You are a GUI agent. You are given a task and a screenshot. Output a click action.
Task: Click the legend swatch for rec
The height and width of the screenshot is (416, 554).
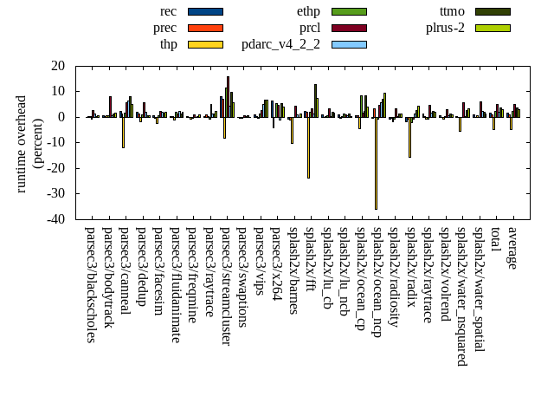coord(205,11)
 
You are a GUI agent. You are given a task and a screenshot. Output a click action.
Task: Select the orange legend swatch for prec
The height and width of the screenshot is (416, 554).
coord(205,28)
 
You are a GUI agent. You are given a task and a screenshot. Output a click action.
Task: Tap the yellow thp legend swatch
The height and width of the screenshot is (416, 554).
coord(205,44)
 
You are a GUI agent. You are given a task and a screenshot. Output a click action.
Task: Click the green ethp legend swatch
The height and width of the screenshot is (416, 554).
coord(349,11)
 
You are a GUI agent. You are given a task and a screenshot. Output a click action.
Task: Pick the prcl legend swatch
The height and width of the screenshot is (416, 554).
coord(349,28)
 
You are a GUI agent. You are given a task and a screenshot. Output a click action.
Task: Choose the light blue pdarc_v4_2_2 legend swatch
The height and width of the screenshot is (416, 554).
coord(349,44)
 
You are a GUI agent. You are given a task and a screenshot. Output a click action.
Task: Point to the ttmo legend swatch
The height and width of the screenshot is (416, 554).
coord(492,11)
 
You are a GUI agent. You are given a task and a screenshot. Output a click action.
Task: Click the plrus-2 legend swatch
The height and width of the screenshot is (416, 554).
coord(492,28)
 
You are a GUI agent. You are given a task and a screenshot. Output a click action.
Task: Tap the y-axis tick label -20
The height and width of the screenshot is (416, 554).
coord(57,169)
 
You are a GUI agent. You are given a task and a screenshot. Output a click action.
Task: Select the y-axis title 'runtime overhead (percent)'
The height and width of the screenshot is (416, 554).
coord(29,143)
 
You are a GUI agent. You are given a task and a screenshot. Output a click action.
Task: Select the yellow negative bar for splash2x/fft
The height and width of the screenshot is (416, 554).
coord(308,147)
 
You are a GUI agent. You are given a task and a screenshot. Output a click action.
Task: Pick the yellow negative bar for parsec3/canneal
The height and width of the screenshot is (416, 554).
coord(123,133)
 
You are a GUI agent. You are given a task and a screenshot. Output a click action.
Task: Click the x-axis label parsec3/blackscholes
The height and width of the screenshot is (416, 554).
coord(91,285)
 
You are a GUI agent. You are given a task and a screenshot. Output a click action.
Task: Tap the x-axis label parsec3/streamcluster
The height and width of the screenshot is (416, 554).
coord(226,287)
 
